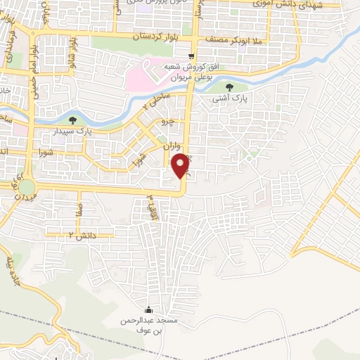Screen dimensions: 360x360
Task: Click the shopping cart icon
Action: click(x=192, y=56)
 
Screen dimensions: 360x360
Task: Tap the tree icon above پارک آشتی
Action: click(x=233, y=87)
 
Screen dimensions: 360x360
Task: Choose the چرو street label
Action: click(x=167, y=122)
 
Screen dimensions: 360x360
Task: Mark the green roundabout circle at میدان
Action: click(x=27, y=187)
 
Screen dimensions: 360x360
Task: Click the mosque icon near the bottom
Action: click(x=148, y=309)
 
